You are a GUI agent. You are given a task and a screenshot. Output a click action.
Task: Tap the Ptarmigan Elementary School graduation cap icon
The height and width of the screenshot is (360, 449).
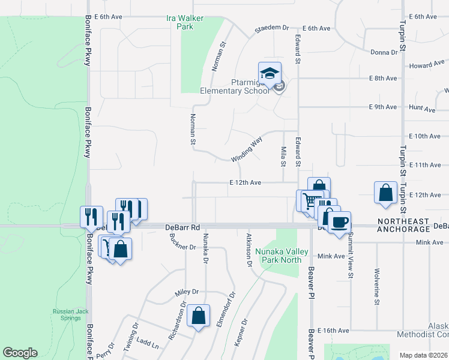coord(270,73)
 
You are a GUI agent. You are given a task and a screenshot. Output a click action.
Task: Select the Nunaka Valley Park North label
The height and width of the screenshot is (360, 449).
coord(278,256)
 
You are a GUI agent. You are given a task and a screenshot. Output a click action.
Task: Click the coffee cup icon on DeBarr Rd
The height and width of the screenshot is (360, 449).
coord(339,222)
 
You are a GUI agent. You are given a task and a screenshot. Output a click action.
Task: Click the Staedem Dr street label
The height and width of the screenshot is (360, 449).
coord(272,28)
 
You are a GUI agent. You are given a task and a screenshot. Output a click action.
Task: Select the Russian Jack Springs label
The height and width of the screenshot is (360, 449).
coord(66,314)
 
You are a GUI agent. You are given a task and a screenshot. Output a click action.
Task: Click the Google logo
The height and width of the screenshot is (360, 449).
coord(20,353)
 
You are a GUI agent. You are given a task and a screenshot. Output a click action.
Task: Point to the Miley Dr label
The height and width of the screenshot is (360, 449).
coord(186,292)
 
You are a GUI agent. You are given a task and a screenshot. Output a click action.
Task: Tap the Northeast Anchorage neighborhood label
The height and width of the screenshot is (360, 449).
coord(404,225)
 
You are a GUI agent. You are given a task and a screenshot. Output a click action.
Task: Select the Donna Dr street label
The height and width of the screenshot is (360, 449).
coord(384,53)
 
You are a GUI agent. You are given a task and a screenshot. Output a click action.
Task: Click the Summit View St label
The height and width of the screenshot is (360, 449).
coord(349,257)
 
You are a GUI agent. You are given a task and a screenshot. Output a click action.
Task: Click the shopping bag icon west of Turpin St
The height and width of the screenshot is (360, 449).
coord(385,193)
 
